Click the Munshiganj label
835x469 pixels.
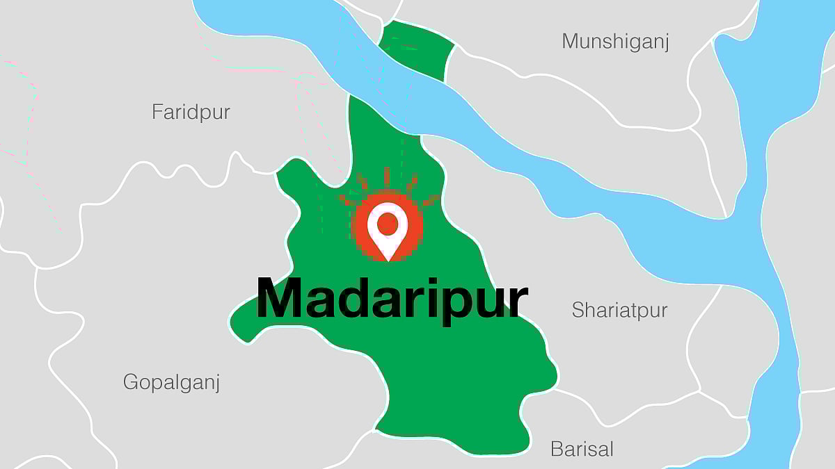[x=615, y=42]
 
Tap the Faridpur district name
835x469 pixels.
[x=191, y=112]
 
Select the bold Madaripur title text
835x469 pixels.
[x=392, y=299]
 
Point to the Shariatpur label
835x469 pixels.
[x=619, y=310]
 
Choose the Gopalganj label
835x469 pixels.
[x=171, y=382]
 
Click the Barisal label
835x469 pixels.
[x=582, y=449]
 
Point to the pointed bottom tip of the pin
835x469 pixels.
[x=388, y=259]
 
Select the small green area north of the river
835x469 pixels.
[x=415, y=49]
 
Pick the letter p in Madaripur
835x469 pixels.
[x=459, y=304]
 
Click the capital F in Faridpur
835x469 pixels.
[x=157, y=112]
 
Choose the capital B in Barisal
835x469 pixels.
[x=556, y=449]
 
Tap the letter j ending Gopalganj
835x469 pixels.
[x=217, y=384]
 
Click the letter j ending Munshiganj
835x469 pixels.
[x=666, y=43]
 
